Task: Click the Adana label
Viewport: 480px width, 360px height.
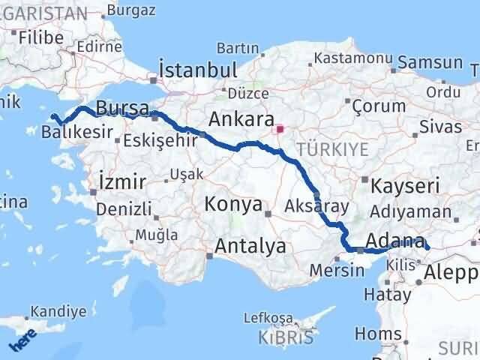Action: click(395, 241)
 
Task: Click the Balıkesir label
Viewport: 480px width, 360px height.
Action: click(78, 132)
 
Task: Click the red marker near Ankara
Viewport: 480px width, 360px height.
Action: click(280, 129)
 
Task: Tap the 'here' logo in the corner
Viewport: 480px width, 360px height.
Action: click(21, 341)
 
